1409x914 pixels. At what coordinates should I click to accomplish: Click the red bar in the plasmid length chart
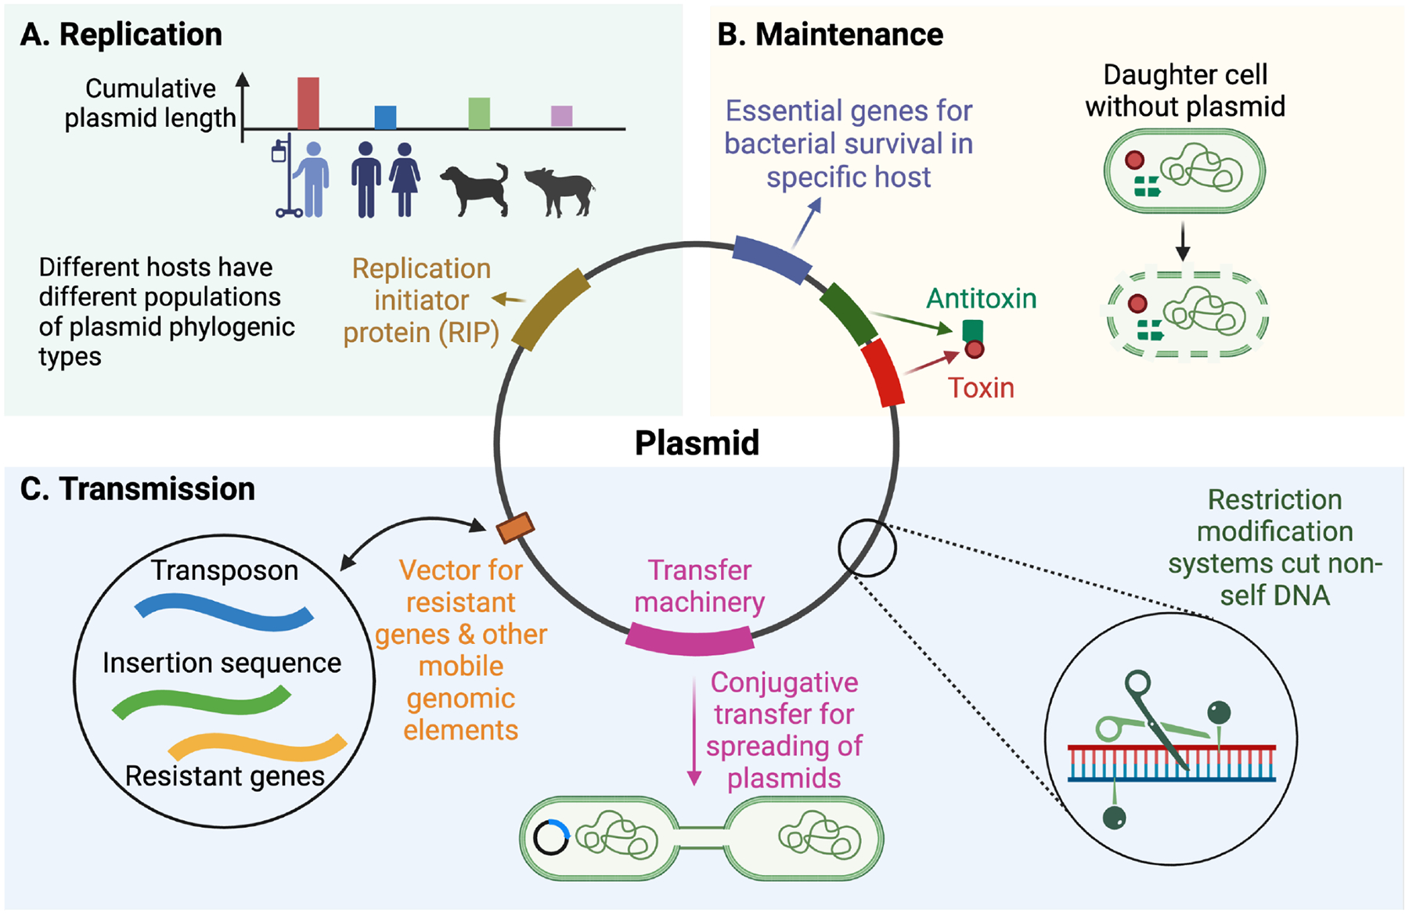pyautogui.click(x=308, y=103)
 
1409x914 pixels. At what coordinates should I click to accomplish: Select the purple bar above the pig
pyautogui.click(x=561, y=116)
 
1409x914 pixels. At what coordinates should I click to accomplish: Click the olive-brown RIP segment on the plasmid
pyautogui.click(x=550, y=309)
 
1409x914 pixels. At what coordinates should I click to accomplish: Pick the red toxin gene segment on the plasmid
pyautogui.click(x=883, y=372)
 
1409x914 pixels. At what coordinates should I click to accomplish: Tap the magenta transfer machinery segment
pyautogui.click(x=690, y=639)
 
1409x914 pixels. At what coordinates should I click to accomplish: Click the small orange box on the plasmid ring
pyautogui.click(x=516, y=528)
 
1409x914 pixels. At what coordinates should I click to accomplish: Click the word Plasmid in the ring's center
pyautogui.click(x=697, y=443)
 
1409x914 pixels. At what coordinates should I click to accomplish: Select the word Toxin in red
pyautogui.click(x=981, y=388)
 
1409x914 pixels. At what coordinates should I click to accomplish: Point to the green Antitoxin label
pyautogui.click(x=982, y=298)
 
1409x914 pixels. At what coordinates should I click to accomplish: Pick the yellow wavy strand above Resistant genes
pyautogui.click(x=258, y=747)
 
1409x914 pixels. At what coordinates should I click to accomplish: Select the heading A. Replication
pyautogui.click(x=121, y=34)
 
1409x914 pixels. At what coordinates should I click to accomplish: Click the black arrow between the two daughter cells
pyautogui.click(x=1183, y=242)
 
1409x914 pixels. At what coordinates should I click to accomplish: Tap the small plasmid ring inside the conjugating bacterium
pyautogui.click(x=552, y=838)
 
